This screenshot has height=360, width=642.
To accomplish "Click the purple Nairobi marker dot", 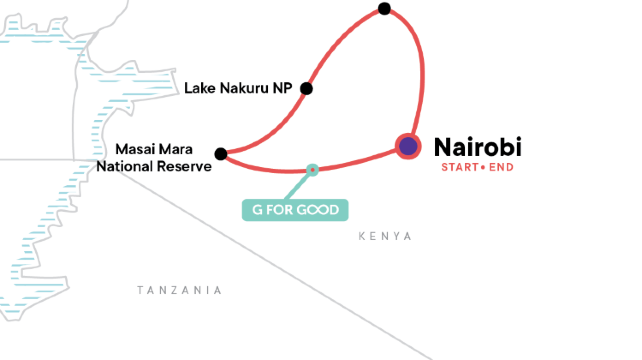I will pos(408,147).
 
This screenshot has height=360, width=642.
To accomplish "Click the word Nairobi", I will pos(478,146).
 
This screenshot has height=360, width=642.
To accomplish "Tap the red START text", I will pos(458,167).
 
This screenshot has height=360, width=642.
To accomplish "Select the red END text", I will pos(502,167).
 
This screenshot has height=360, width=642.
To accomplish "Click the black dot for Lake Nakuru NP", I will pos(307,88).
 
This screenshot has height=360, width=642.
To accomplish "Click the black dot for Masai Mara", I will pos(220,153).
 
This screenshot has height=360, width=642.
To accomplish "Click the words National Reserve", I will pos(154,166).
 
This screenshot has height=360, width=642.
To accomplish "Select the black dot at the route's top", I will pos(385,9).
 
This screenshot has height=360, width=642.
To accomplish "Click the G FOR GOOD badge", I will pos(295,210).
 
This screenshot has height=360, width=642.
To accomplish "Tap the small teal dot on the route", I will pos(313,170).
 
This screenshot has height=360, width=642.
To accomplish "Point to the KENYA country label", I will pos(385,236).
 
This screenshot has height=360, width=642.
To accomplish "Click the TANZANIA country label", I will pos(179,290).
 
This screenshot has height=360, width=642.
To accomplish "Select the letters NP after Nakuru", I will pos(286,88).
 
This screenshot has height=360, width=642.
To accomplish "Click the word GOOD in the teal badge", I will pos(319,210).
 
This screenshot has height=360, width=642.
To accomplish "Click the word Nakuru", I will pos(247,88).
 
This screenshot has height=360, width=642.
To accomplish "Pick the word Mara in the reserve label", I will pos(193,148).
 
